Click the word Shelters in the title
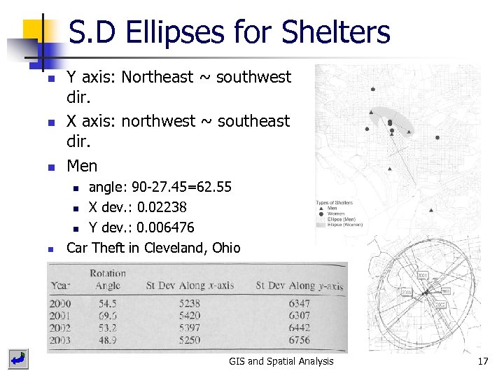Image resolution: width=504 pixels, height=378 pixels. point(335,32)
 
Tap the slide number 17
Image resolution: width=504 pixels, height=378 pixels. point(482,361)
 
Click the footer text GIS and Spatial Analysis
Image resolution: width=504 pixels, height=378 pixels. point(281,361)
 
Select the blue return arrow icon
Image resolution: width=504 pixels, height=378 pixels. point(18,360)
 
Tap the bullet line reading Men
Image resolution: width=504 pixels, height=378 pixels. point(82,166)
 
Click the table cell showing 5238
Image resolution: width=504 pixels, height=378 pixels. point(189,304)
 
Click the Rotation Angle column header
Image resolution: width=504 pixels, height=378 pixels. point(108,279)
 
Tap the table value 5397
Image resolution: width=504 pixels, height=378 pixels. point(189,328)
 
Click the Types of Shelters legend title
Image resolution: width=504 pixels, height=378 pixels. point(335,203)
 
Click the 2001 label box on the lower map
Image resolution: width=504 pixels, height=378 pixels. point(422,274)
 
